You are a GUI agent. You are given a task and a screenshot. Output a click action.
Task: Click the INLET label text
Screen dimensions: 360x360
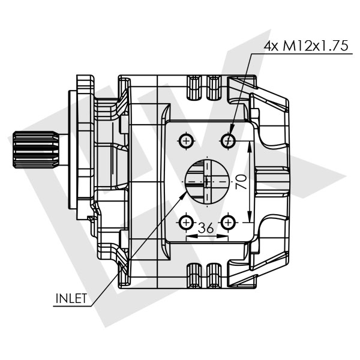coord(71,298)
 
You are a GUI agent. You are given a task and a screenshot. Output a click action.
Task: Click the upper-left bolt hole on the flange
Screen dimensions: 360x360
coord(187,141)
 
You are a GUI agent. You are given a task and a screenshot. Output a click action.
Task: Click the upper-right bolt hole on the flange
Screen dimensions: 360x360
coord(228,141)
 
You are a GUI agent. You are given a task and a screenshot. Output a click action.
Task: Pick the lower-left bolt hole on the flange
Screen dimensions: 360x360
coord(187,223)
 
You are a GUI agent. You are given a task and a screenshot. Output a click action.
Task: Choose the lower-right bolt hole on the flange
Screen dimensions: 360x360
coord(228,223)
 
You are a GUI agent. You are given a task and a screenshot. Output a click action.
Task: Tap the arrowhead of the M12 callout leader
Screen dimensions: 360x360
coord(231,135)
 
